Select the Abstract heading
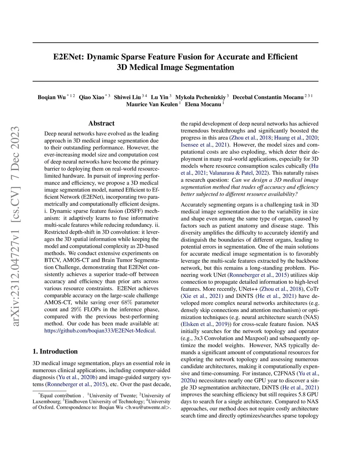[x=101, y=123]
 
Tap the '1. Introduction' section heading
[x=55, y=351]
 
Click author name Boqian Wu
[x=52, y=97]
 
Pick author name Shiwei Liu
[x=127, y=97]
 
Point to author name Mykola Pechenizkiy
[x=200, y=97]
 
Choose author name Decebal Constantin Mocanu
[x=268, y=97]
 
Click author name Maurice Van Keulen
[x=152, y=104]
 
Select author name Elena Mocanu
[x=203, y=104]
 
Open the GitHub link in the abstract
[x=100, y=331]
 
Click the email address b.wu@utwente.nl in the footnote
[x=147, y=408]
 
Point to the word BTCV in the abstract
[x=52, y=260]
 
